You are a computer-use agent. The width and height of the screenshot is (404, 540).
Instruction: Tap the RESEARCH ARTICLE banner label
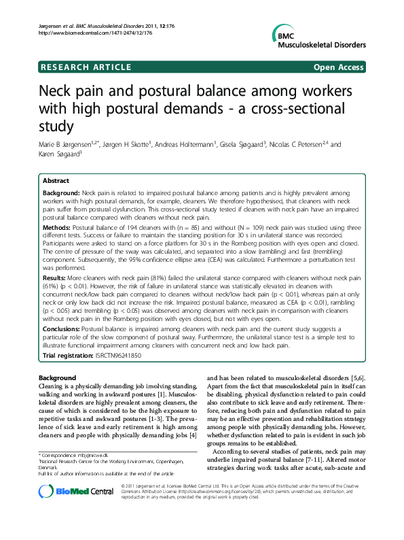[86, 67]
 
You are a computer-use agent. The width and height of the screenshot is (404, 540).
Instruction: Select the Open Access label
[338, 67]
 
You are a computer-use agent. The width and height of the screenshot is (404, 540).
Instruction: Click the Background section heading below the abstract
[58, 377]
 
